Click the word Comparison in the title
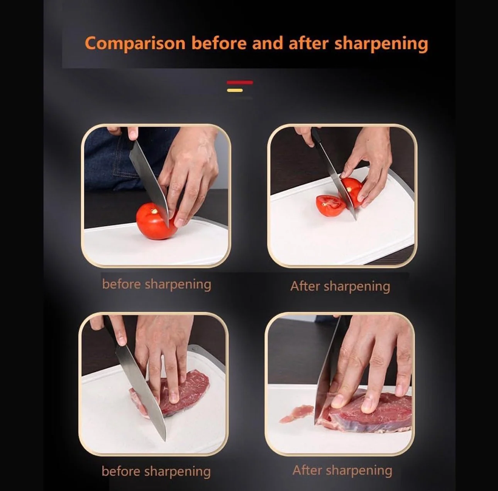pyautogui.click(x=135, y=43)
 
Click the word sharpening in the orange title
pyautogui.click(x=381, y=43)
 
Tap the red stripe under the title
pyautogui.click(x=240, y=83)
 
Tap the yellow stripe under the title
pyautogui.click(x=235, y=90)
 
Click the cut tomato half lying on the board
pyautogui.click(x=330, y=205)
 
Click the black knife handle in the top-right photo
pyautogui.click(x=316, y=137)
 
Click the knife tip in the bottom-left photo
pyautogui.click(x=164, y=438)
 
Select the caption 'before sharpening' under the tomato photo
pyautogui.click(x=156, y=284)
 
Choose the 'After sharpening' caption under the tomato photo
pyautogui.click(x=340, y=286)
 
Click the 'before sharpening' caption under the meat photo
pyautogui.click(x=156, y=471)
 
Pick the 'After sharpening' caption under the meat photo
pyautogui.click(x=342, y=470)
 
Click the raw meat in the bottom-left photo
pyautogui.click(x=189, y=390)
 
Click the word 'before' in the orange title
pyautogui.click(x=219, y=43)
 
